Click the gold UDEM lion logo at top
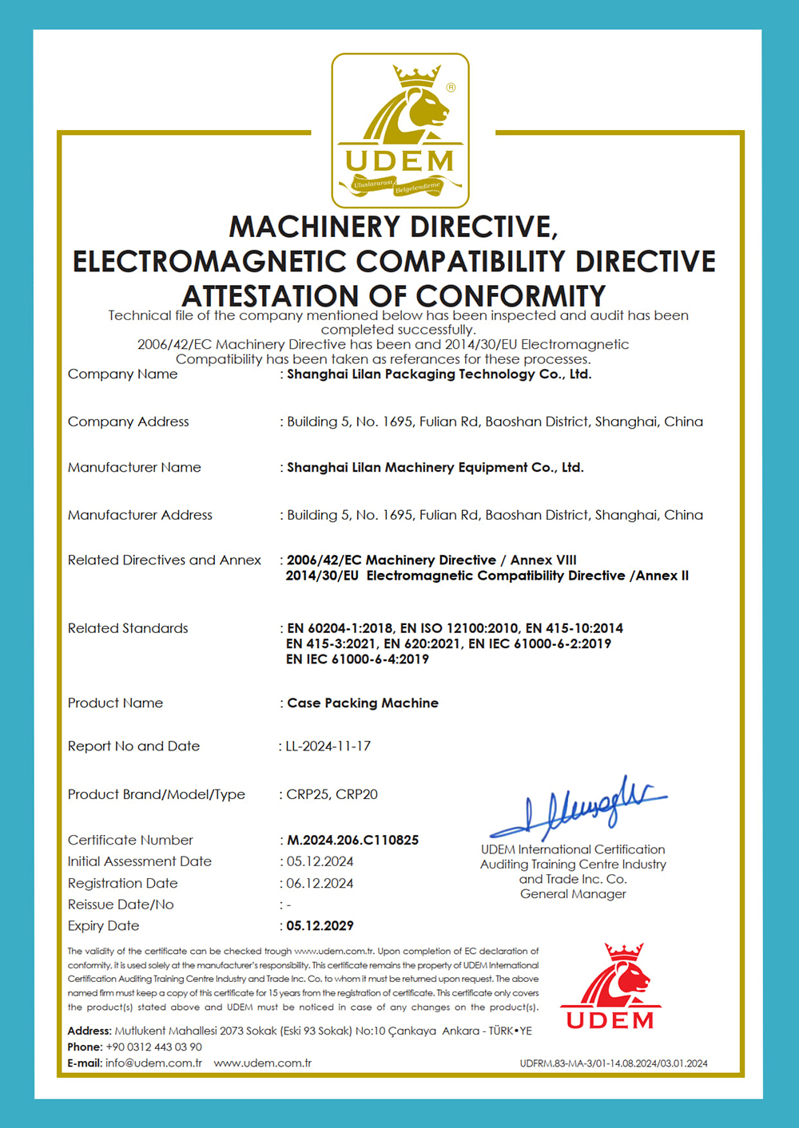coord(399,130)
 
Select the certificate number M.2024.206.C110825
coord(352,840)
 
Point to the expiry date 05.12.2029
coord(320,926)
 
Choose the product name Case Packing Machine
coord(362,703)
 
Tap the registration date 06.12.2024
coord(320,883)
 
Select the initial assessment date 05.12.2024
coord(320,861)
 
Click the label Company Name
coord(122,374)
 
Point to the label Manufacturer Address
coord(140,515)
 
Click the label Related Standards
coord(128,628)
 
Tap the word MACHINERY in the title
coord(314,228)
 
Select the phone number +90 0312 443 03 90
coord(153,1047)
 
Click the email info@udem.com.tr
coord(153,1063)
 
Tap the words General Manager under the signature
coord(573,894)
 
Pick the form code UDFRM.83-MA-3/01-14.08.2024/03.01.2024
coord(613,1063)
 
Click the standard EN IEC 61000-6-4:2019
coord(357,659)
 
